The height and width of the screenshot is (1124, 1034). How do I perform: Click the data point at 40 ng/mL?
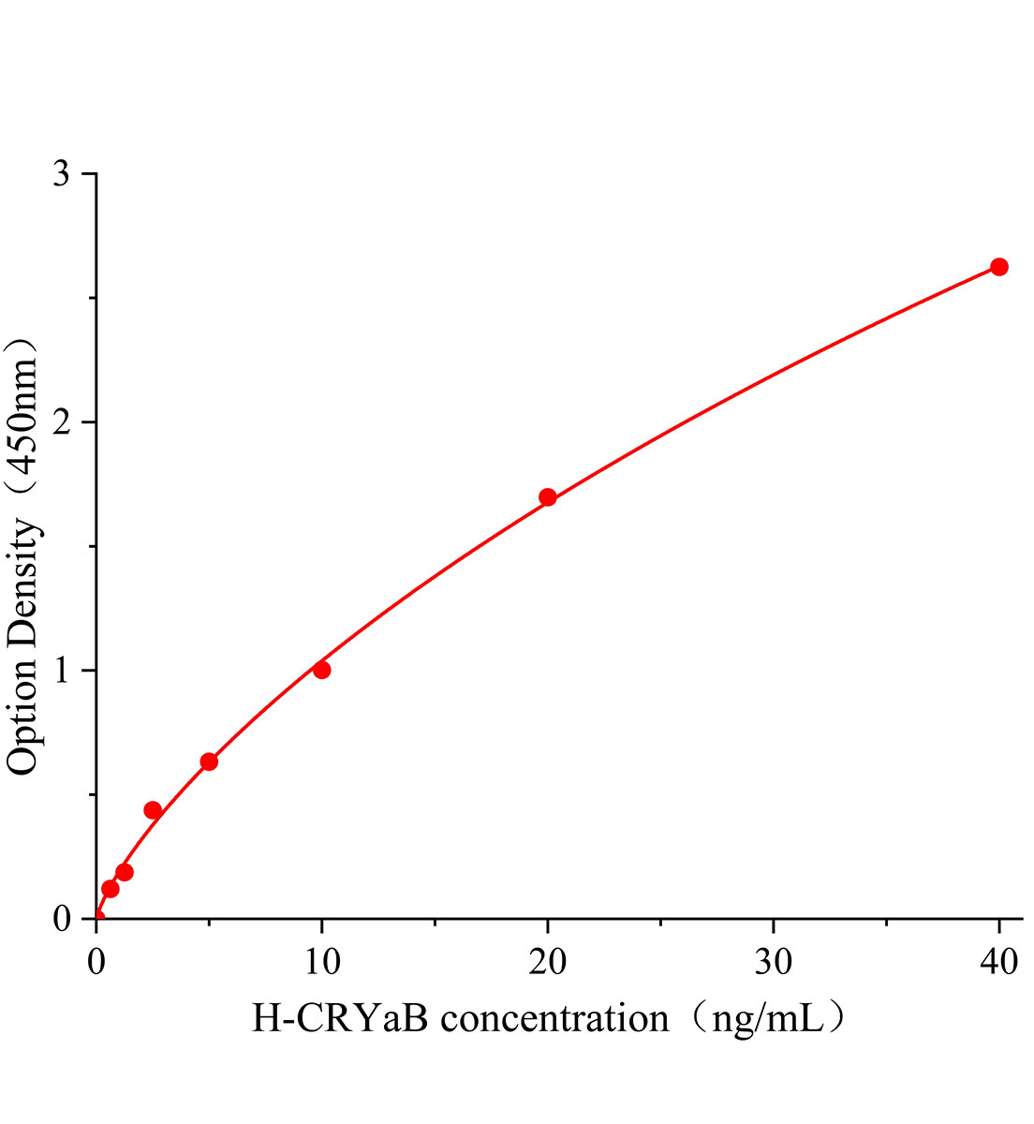pyautogui.click(x=998, y=267)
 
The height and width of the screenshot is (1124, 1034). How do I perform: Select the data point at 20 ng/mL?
pyautogui.click(x=548, y=497)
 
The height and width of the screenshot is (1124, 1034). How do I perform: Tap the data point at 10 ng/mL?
pyautogui.click(x=321, y=670)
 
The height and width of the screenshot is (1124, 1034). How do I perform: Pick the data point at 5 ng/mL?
pyautogui.click(x=209, y=762)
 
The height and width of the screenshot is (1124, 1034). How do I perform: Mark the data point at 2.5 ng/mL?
pyautogui.click(x=153, y=810)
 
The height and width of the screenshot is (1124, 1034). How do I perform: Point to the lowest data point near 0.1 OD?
pyautogui.click(x=110, y=888)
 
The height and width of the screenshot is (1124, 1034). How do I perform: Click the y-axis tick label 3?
pyautogui.click(x=62, y=174)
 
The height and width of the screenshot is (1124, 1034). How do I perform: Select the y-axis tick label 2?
pyautogui.click(x=62, y=422)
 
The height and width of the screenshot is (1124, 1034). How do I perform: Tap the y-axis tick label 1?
pyautogui.click(x=62, y=671)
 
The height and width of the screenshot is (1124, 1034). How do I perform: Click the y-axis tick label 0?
pyautogui.click(x=62, y=919)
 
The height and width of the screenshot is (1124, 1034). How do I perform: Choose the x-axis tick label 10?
pyautogui.click(x=321, y=962)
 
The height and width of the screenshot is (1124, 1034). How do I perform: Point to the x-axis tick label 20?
pyautogui.click(x=548, y=962)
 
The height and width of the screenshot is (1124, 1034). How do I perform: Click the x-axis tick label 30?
pyautogui.click(x=773, y=962)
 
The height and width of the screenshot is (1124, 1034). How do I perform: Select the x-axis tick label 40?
pyautogui.click(x=998, y=962)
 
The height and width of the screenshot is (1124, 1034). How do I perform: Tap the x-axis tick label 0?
pyautogui.click(x=96, y=962)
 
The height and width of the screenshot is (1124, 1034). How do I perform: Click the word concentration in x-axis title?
pyautogui.click(x=554, y=1017)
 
